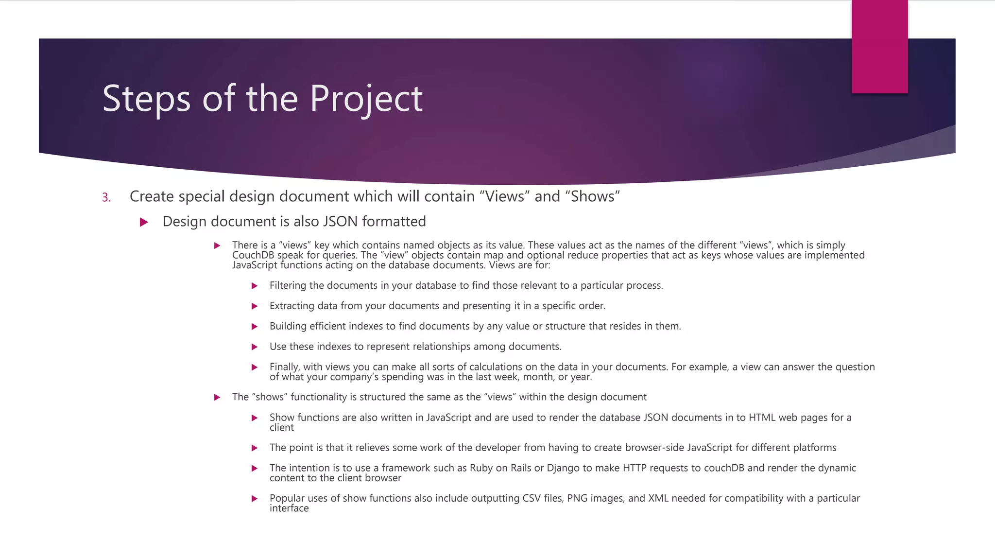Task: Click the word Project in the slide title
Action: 366,99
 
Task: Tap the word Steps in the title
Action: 146,99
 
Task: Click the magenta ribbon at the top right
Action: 879,46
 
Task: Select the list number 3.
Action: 106,197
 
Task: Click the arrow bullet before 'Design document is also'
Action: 144,222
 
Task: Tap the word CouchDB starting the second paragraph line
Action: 253,255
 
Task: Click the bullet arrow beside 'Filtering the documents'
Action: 255,286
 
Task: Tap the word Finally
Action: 285,367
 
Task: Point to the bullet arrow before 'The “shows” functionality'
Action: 217,397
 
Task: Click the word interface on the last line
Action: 289,508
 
